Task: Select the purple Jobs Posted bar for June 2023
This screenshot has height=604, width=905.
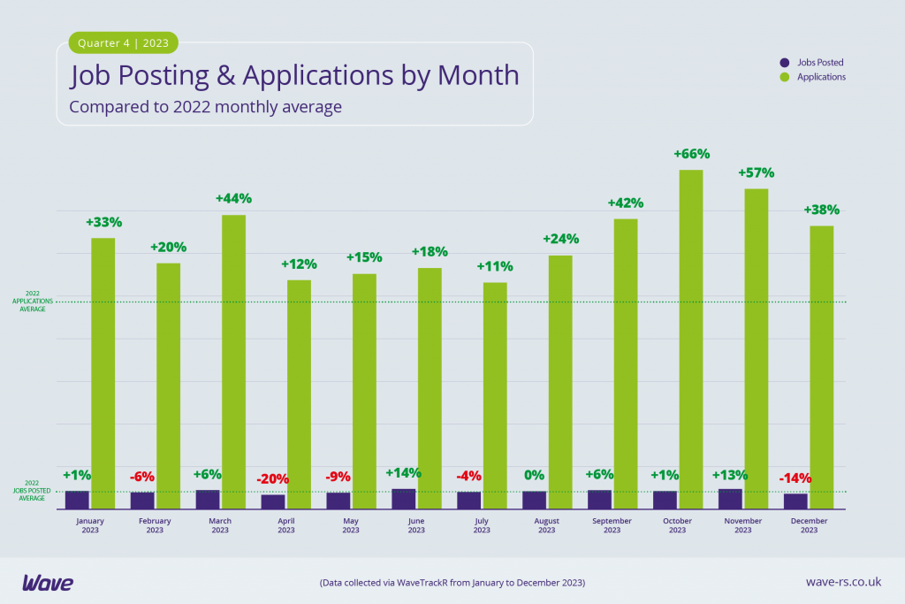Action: click(x=404, y=499)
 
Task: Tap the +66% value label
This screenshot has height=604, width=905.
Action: click(x=691, y=154)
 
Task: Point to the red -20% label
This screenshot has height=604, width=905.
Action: click(x=273, y=479)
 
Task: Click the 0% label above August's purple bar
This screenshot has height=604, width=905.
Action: click(x=534, y=475)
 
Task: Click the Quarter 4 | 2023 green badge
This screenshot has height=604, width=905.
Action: click(x=123, y=42)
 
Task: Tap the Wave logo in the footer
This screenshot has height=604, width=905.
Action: click(x=48, y=583)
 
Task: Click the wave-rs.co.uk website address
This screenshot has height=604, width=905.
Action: click(x=843, y=582)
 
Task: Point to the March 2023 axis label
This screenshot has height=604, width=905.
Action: click(x=220, y=525)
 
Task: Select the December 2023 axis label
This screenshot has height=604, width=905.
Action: click(x=809, y=525)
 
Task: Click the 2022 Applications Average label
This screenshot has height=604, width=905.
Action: click(x=32, y=302)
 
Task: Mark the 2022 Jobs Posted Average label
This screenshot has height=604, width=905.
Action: click(x=32, y=492)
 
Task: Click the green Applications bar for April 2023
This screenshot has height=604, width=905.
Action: click(x=299, y=394)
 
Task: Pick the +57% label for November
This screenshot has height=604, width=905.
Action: click(x=757, y=172)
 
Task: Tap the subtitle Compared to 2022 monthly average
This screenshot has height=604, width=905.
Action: click(x=205, y=107)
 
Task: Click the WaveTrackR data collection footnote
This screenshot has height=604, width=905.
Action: click(x=452, y=583)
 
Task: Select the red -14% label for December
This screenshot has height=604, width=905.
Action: click(x=795, y=478)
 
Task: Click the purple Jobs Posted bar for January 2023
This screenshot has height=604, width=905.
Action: click(x=77, y=500)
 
